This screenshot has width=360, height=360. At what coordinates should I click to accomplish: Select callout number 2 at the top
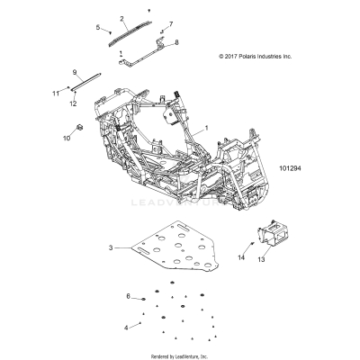pos(122,18)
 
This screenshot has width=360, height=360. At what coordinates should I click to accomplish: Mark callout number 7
pos(171,24)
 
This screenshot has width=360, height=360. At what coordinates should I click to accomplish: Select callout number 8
pos(175,42)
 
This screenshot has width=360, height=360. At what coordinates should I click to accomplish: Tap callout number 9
pos(75,71)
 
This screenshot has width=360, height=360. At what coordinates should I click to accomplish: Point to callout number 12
pos(73,103)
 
